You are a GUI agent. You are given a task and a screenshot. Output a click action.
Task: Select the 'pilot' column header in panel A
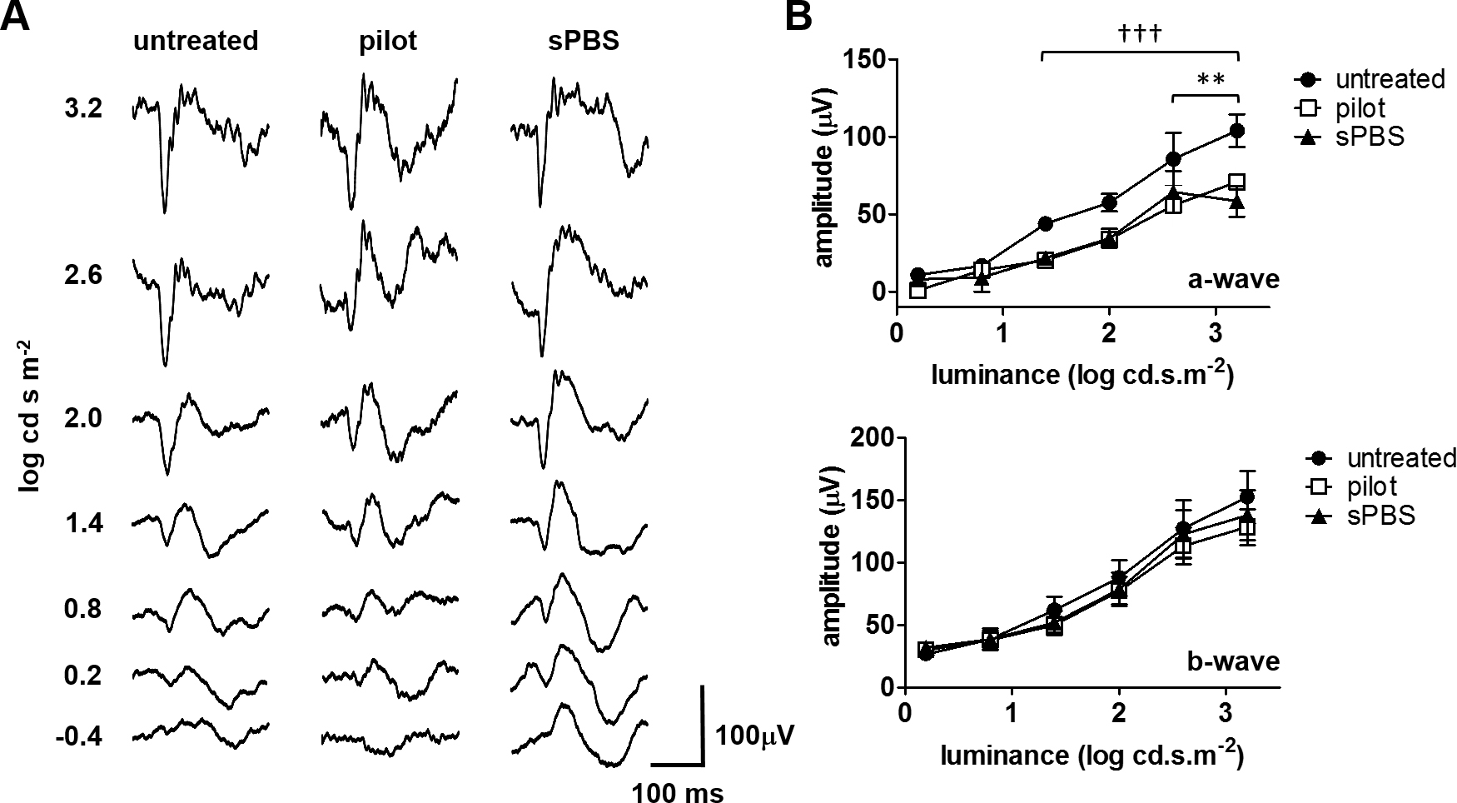388,41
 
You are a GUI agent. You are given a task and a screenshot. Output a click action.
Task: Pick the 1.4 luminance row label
83,523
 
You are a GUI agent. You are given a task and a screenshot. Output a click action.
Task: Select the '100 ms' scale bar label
677,792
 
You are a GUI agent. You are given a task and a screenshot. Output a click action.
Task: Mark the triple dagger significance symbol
1140,35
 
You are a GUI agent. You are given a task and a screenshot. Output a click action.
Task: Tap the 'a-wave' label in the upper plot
1234,279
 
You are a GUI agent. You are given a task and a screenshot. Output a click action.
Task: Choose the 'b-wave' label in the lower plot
1234,661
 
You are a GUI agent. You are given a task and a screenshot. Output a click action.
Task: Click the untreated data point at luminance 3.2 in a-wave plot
1237,131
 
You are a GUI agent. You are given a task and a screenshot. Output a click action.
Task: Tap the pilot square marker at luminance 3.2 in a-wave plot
1237,182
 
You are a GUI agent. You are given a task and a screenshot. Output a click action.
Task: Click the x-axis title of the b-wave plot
1092,756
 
